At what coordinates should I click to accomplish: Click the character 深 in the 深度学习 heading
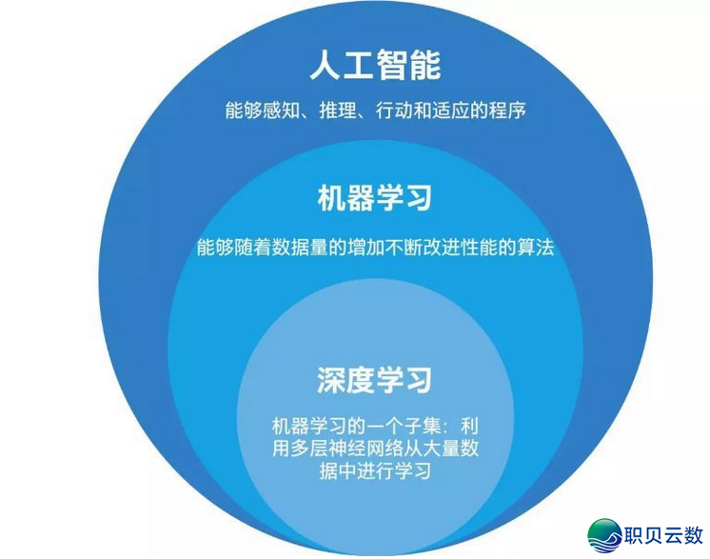(330, 380)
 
